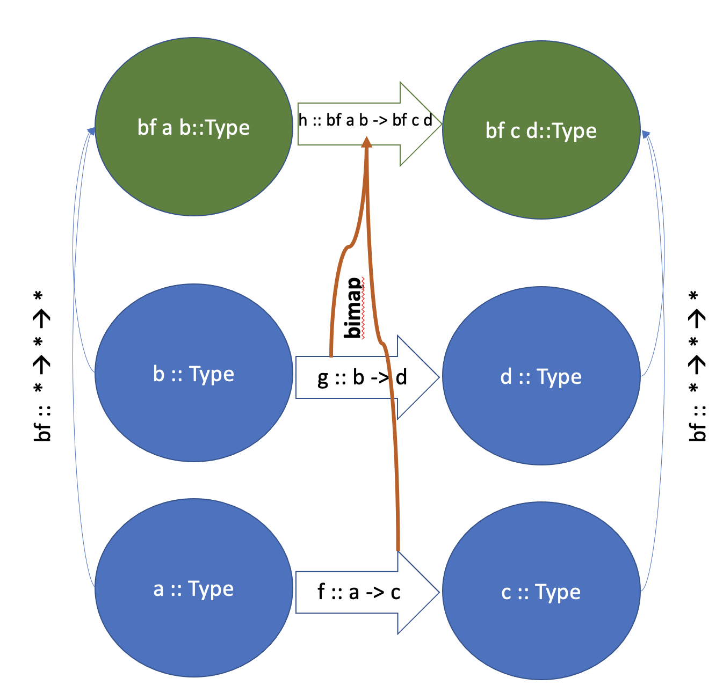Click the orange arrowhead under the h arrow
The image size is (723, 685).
pos(366,142)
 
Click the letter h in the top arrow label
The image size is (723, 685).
pos(303,120)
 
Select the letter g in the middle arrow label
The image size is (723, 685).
pos(322,378)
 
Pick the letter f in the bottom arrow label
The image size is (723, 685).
pos(321,592)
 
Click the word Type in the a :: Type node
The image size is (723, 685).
pos(211,589)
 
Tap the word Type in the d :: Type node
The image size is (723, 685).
pos(559,377)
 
